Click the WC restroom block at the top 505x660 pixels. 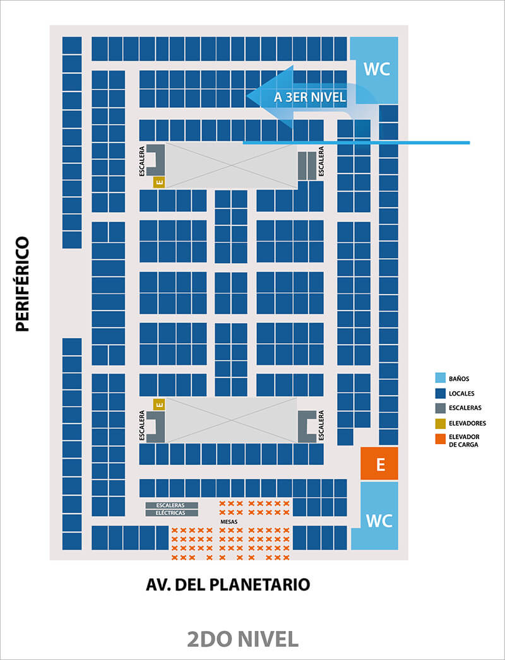[x=377, y=69]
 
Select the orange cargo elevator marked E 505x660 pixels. [x=379, y=464]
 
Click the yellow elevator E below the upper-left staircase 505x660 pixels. [x=159, y=182]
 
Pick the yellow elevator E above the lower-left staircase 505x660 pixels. [x=159, y=404]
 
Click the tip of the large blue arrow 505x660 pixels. [x=248, y=97]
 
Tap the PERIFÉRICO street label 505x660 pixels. [x=23, y=284]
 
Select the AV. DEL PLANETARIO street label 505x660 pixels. [x=228, y=585]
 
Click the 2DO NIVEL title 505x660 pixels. [x=243, y=639]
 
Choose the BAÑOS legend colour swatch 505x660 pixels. [x=441, y=379]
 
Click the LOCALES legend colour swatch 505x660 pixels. [x=441, y=393]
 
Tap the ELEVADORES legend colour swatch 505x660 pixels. [x=441, y=423]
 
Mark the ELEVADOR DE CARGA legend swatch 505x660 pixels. [x=441, y=439]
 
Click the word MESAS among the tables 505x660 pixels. [x=229, y=522]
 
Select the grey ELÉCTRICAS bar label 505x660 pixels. [x=172, y=514]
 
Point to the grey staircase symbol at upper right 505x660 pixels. [x=307, y=165]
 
